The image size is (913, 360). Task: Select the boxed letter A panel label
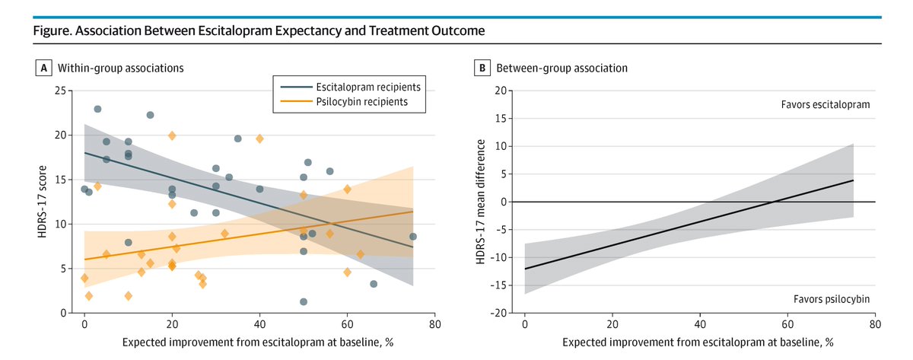click(43, 68)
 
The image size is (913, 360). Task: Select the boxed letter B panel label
click(482, 68)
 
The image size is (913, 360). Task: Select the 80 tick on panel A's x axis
click(434, 325)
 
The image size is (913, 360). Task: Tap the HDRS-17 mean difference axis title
click(482, 202)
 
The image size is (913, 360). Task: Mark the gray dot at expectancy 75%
click(413, 237)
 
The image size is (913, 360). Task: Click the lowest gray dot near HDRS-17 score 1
click(304, 301)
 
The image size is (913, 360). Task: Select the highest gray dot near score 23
click(97, 109)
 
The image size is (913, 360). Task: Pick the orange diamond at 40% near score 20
click(259, 139)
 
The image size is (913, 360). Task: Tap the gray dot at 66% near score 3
click(374, 284)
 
